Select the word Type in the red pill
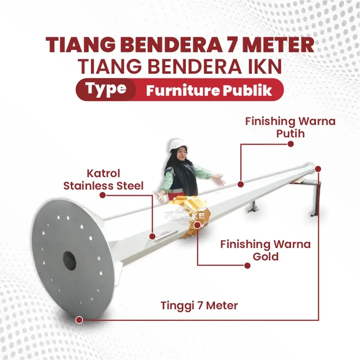106,89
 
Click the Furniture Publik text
209,90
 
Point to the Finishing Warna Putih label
290,127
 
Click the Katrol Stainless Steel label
104,179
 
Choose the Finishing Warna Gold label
265,250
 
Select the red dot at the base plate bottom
79,319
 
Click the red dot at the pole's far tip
318,169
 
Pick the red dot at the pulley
152,236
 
